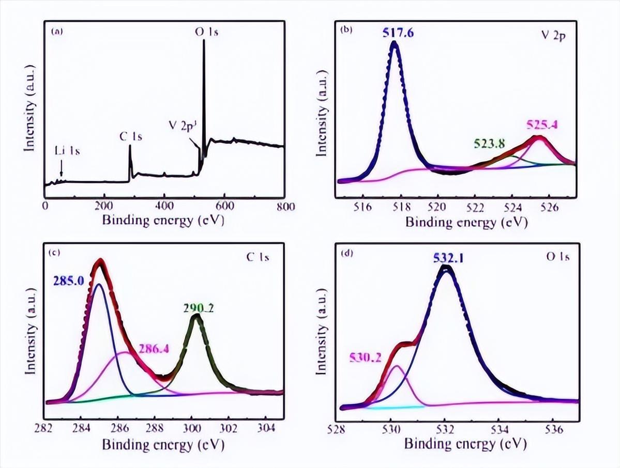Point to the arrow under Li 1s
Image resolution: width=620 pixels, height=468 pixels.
(62, 168)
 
